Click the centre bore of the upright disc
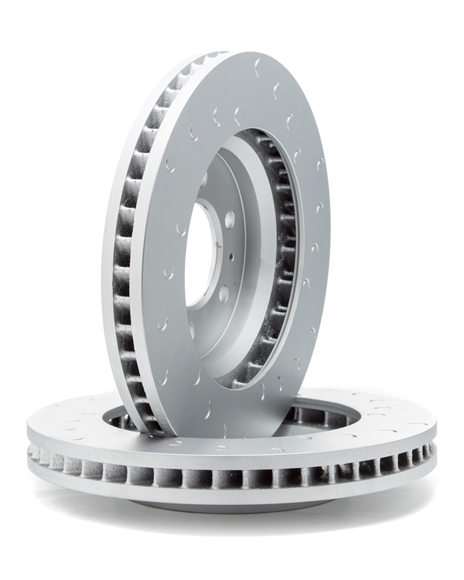coord(199,255)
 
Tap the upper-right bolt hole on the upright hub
coord(230,220)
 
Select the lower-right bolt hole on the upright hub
coord(223,293)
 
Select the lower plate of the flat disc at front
coord(232,495)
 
